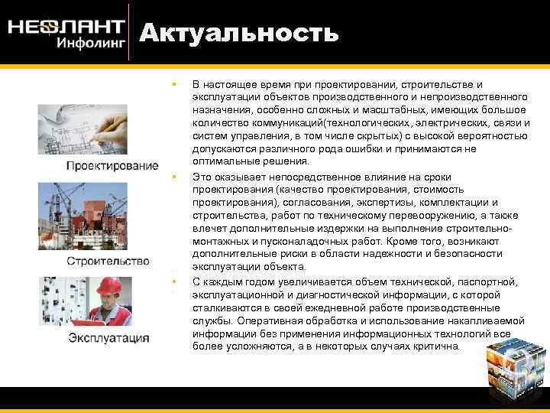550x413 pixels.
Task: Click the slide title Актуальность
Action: (x=238, y=33)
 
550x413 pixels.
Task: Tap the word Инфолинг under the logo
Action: (x=91, y=43)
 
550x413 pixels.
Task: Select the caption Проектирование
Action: (x=112, y=166)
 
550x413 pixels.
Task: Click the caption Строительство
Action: (x=108, y=261)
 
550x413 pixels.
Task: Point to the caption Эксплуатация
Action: (x=109, y=337)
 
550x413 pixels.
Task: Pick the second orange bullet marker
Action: (x=174, y=177)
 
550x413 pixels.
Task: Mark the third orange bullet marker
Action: (x=174, y=281)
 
